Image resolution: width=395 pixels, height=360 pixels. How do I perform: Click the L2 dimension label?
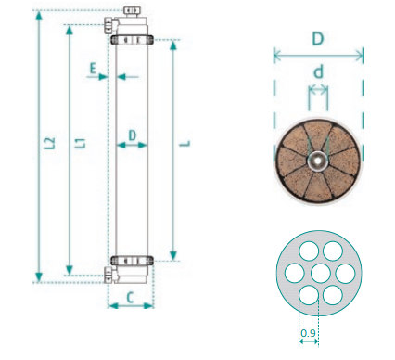tap(50, 143)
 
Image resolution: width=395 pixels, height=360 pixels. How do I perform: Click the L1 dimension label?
tap(81, 143)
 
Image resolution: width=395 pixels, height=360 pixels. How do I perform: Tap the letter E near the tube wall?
tap(93, 69)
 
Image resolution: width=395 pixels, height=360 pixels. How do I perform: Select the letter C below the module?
tap(130, 298)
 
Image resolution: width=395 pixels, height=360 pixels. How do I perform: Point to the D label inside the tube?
tap(132, 135)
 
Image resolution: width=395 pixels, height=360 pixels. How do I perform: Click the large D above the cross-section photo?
tap(318, 39)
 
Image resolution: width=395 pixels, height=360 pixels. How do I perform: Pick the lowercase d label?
tap(318, 71)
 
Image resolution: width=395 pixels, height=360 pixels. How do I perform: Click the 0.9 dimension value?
tap(308, 333)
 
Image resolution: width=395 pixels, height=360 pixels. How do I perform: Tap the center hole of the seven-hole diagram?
tap(320, 274)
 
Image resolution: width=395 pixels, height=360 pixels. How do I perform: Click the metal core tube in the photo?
tap(317, 161)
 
